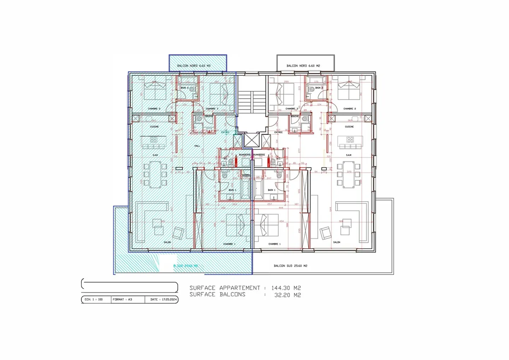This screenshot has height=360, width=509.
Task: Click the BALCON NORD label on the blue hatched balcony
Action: click(x=194, y=66)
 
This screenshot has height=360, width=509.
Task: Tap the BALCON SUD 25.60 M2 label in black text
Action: click(x=290, y=266)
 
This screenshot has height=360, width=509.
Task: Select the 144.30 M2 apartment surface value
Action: click(x=286, y=288)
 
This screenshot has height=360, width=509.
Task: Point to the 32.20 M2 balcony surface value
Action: click(x=287, y=295)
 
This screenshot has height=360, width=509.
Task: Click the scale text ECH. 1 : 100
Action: click(x=94, y=300)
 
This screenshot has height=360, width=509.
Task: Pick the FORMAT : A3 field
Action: click(x=122, y=300)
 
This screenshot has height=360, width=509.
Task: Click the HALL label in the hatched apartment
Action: click(x=197, y=146)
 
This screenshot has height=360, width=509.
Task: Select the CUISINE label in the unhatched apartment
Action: click(x=349, y=126)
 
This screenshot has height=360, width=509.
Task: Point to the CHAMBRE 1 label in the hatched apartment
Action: click(x=229, y=244)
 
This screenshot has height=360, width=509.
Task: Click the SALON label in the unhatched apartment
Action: click(x=337, y=242)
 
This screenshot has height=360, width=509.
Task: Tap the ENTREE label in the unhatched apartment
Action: click(x=279, y=132)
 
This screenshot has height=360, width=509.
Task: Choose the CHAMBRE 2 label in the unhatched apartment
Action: click(x=350, y=109)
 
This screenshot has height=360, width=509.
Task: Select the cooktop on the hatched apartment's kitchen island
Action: click(x=154, y=140)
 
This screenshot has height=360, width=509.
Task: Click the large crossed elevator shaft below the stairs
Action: click(x=251, y=140)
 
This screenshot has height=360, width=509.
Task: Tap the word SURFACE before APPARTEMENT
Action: click(x=202, y=288)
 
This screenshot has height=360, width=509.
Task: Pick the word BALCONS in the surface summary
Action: click(x=232, y=295)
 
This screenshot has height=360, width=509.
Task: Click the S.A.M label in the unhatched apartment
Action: click(x=349, y=155)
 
